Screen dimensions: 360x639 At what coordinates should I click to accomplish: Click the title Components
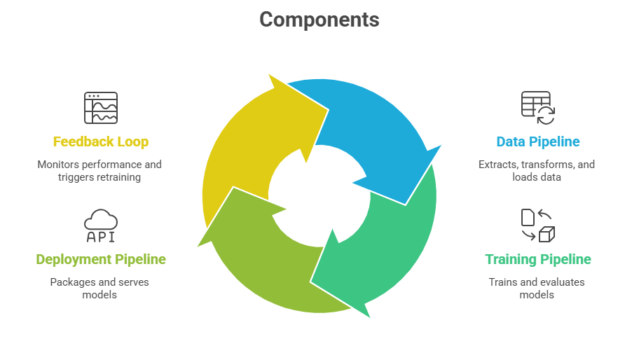319,20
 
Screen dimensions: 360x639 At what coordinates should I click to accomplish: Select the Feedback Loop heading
101,141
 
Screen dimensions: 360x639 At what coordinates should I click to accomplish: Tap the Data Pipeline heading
537,141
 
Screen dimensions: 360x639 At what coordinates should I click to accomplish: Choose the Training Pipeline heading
537,259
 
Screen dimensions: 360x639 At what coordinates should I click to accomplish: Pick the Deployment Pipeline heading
101,259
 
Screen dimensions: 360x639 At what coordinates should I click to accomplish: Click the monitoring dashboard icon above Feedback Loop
101,108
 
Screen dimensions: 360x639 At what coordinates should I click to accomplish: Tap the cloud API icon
101,226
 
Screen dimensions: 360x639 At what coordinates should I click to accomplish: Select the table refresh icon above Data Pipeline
537,108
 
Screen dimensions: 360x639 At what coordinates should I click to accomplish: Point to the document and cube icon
537,226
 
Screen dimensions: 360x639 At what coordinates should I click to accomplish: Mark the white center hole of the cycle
319,196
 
